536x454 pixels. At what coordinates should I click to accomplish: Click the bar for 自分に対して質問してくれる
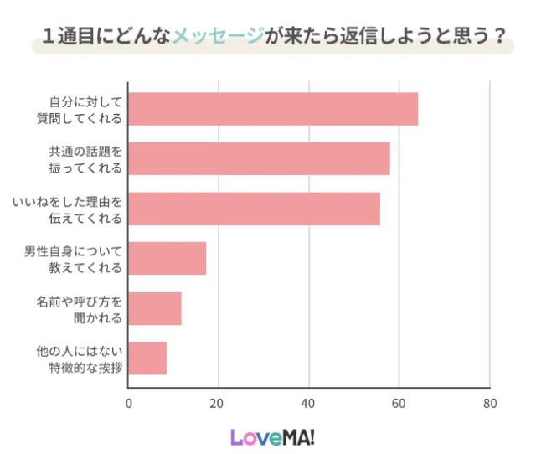tap(273, 109)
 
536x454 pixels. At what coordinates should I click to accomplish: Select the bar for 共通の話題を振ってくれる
tap(259, 158)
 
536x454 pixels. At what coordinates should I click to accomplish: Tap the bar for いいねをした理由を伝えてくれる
tap(254, 209)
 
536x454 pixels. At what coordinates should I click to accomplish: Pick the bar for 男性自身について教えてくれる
tap(167, 258)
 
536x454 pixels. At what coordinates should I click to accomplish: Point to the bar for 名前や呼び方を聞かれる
tap(155, 308)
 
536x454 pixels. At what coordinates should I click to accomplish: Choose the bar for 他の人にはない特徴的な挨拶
tap(147, 359)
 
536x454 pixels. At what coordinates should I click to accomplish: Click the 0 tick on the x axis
tap(128, 403)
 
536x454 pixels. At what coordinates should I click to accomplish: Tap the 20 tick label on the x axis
tap(219, 403)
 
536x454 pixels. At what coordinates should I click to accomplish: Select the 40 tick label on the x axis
tap(309, 403)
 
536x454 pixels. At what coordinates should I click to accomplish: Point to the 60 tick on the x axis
tap(399, 403)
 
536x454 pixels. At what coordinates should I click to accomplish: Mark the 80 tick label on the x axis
tap(490, 403)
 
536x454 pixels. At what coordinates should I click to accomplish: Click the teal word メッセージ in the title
tap(216, 36)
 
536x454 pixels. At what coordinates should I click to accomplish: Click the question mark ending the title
tap(500, 36)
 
